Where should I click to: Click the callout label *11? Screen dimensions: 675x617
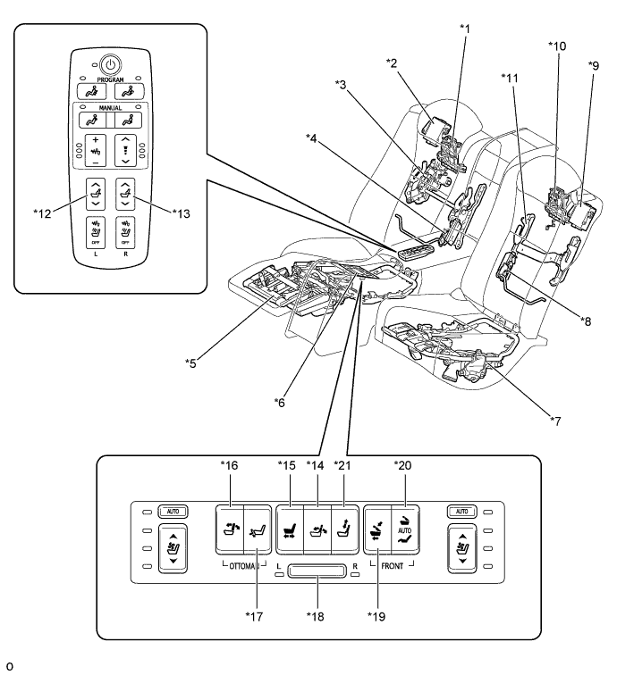click(509, 77)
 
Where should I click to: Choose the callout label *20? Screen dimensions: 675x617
click(403, 465)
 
